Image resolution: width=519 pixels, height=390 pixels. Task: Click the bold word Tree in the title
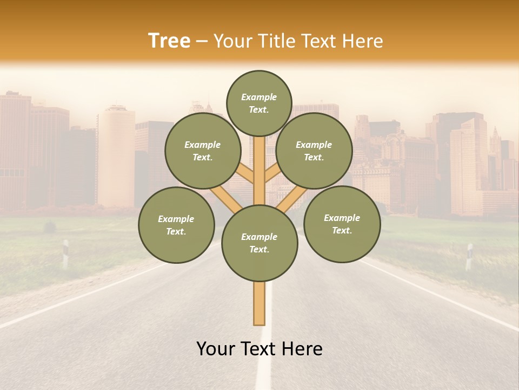(169, 41)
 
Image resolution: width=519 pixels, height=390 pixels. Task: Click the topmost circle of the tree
(259, 103)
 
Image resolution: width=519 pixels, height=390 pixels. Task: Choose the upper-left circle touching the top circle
(203, 151)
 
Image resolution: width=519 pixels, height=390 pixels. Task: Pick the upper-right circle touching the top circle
(314, 151)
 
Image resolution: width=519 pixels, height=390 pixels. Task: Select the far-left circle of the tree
(176, 225)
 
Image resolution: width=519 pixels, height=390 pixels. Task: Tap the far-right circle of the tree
(342, 224)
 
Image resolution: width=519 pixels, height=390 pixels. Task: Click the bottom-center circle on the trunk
(259, 243)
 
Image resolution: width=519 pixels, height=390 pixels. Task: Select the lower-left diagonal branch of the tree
(226, 199)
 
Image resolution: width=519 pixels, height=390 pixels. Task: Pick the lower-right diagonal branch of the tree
(292, 199)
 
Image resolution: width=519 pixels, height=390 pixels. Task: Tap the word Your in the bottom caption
(216, 349)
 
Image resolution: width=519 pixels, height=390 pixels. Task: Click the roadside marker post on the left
(65, 253)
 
